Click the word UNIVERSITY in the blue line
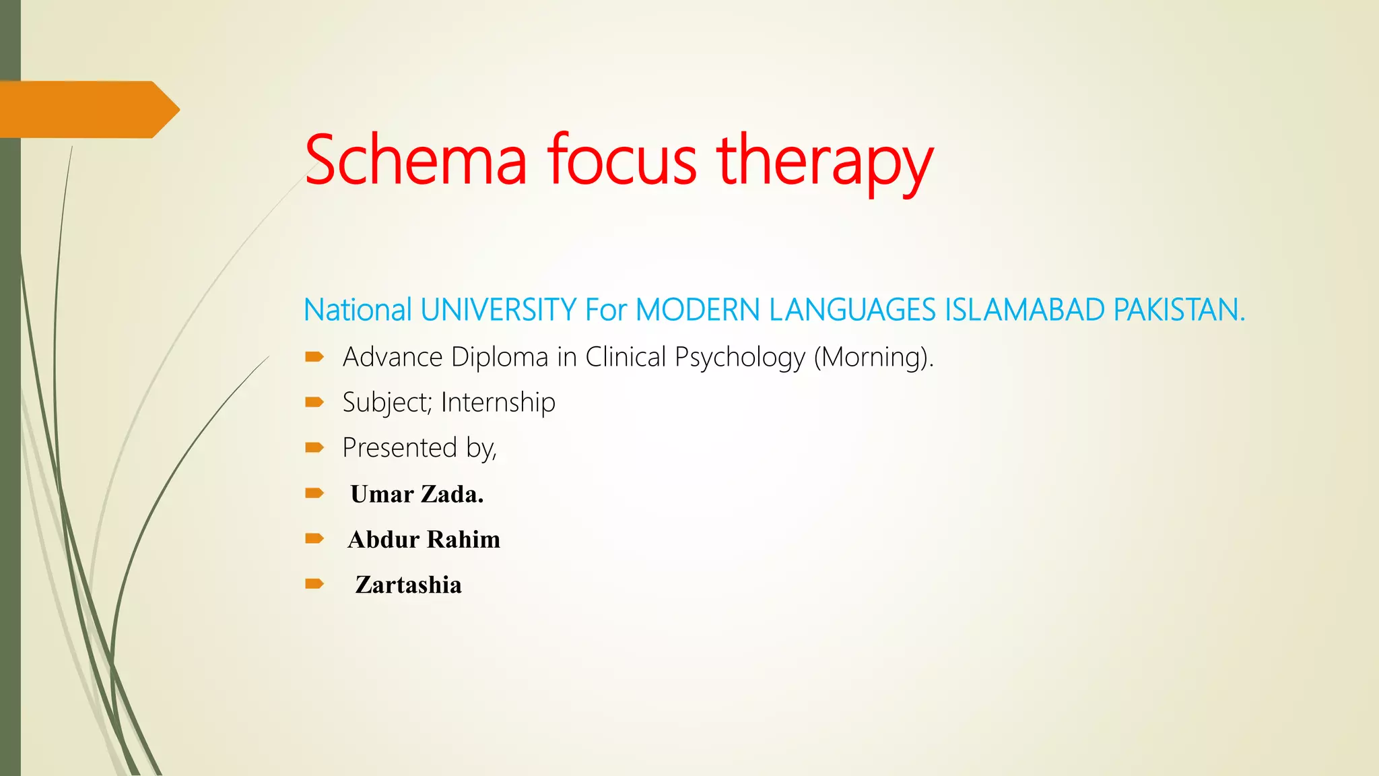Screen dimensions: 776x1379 coord(498,311)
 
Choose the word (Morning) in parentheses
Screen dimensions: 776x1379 coord(873,357)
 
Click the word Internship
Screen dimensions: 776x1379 coord(498,402)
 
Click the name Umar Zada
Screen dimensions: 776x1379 coord(417,494)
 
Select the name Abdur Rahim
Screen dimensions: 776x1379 coord(424,539)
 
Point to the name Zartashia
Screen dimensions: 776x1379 coord(408,585)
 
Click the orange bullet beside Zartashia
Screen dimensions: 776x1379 coord(314,583)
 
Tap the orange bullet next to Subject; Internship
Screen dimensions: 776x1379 coord(314,402)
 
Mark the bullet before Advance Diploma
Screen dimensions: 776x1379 coord(314,357)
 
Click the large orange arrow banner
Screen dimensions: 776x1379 coord(88,109)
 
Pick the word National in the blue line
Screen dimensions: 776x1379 coord(358,311)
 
